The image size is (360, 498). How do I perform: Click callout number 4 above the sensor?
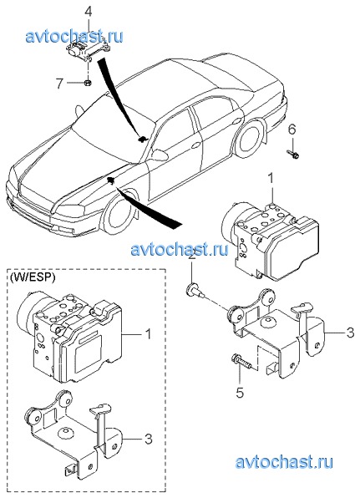[x=89, y=13]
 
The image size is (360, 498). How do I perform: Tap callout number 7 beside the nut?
[x=59, y=84]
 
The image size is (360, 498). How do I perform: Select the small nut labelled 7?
[x=87, y=83]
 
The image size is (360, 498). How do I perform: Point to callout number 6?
[x=292, y=130]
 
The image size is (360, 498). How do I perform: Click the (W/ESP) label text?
[x=33, y=277]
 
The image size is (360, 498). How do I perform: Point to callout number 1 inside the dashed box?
[x=148, y=333]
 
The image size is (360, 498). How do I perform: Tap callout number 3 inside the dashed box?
[x=148, y=439]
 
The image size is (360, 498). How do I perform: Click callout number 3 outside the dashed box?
[x=350, y=333]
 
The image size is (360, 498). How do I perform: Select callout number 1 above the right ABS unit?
[x=270, y=178]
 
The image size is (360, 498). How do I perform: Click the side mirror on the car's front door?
[x=160, y=155]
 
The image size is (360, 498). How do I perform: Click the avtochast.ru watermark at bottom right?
[x=284, y=462]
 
